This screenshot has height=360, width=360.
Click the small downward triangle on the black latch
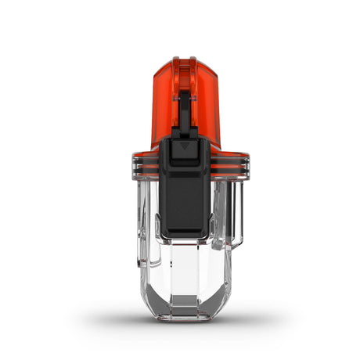(184, 146)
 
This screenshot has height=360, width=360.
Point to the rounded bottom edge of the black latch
(185, 235)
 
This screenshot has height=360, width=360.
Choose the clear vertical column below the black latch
(185, 266)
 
